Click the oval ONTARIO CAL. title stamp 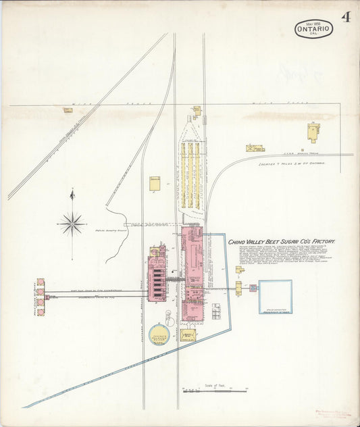[x=313, y=28]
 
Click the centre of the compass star [x=72, y=222]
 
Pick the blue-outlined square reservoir [x=276, y=297]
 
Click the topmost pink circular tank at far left [x=41, y=282]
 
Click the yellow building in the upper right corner [x=312, y=131]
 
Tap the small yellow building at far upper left [x=68, y=109]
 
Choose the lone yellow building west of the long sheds [x=155, y=184]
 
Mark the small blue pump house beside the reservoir [x=253, y=288]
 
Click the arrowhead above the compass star [x=72, y=195]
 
